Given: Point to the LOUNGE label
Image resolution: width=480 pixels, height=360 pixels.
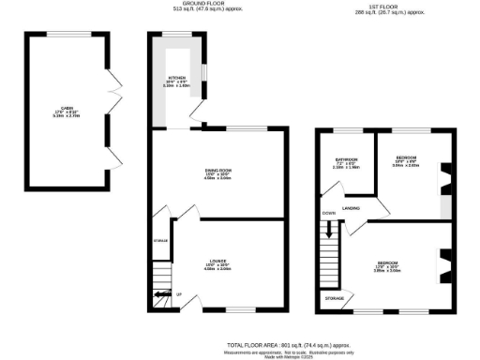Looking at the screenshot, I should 217,261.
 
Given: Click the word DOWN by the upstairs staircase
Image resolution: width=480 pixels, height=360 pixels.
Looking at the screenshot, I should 328,215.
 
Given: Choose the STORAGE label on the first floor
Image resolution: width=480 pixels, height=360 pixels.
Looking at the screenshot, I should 334,298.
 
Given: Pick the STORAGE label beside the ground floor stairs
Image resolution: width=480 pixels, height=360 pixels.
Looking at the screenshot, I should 161,242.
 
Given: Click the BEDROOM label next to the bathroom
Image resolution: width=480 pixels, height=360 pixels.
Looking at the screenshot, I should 406,157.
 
